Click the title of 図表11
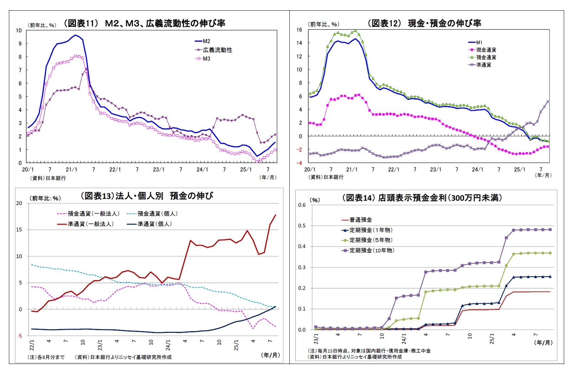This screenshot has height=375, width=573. coord(144,23)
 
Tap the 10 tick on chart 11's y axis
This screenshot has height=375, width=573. coord(19,30)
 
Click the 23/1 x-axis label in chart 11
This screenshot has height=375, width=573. coord(159,170)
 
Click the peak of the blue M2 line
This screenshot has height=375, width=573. coord(75,35)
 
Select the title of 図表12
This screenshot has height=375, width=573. coord(424,23)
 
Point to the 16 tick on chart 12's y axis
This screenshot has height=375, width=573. coord(299,30)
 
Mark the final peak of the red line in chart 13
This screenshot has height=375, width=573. coord(275,215)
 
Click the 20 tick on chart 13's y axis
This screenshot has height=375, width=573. coord(19,203)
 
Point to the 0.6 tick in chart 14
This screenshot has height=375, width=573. coord(302,205)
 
